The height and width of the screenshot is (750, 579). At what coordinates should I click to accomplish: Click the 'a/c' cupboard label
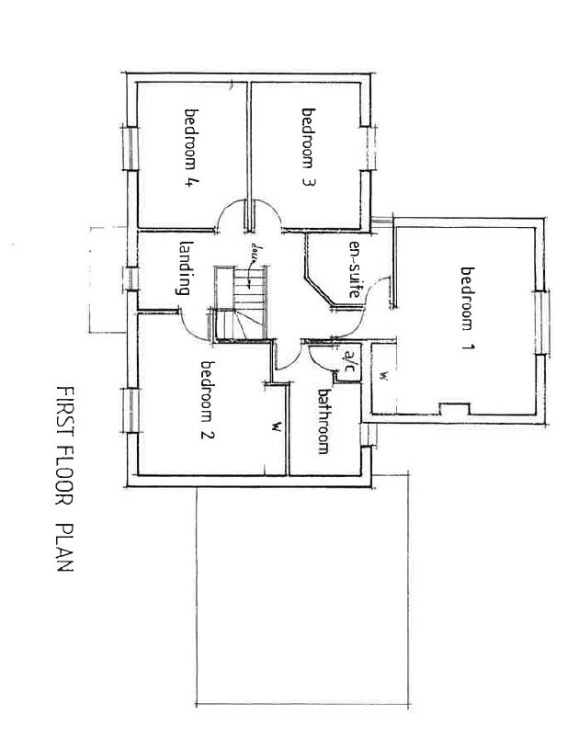tap(349, 363)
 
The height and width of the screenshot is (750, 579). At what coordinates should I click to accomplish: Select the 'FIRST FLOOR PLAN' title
tap(65, 479)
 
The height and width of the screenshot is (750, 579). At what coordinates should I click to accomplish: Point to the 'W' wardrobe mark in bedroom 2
tap(275, 426)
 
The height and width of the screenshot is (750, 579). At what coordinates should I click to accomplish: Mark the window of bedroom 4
tap(130, 148)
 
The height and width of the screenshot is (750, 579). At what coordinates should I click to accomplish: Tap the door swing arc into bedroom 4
tap(230, 216)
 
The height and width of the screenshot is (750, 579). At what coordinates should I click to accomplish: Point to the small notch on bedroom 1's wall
tap(455, 407)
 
